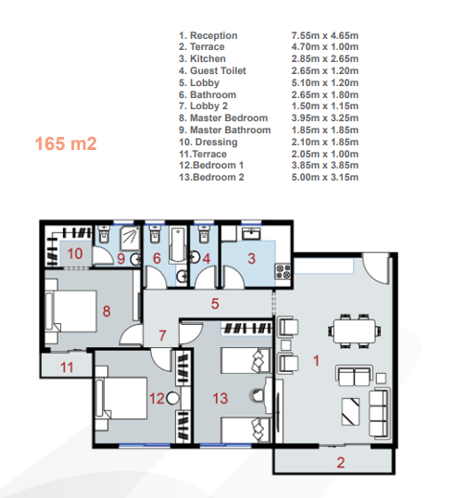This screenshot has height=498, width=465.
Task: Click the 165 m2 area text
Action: click(x=66, y=143)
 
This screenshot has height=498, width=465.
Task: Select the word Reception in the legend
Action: click(x=214, y=35)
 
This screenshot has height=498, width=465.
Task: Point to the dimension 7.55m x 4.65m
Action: click(x=325, y=35)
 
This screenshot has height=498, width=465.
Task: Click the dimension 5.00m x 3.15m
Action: click(x=325, y=177)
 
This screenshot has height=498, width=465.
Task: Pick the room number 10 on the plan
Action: click(x=75, y=254)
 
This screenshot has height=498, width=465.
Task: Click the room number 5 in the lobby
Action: click(x=215, y=304)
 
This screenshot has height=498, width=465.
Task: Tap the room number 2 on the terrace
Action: click(x=341, y=463)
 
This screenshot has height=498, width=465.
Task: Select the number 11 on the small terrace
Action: click(x=67, y=367)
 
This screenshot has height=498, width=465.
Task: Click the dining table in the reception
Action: click(x=354, y=331)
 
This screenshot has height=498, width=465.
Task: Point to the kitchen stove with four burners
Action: click(x=283, y=271)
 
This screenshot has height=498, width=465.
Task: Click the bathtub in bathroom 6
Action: click(x=178, y=244)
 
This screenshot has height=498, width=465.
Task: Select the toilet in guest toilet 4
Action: click(x=204, y=234)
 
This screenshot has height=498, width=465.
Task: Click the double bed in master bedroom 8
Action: click(x=71, y=311)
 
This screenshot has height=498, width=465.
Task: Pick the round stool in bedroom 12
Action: click(x=173, y=398)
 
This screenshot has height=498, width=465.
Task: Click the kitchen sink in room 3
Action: click(x=251, y=233)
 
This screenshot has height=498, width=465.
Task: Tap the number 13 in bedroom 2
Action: click(x=220, y=398)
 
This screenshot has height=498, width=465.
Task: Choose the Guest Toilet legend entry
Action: click(x=218, y=70)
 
